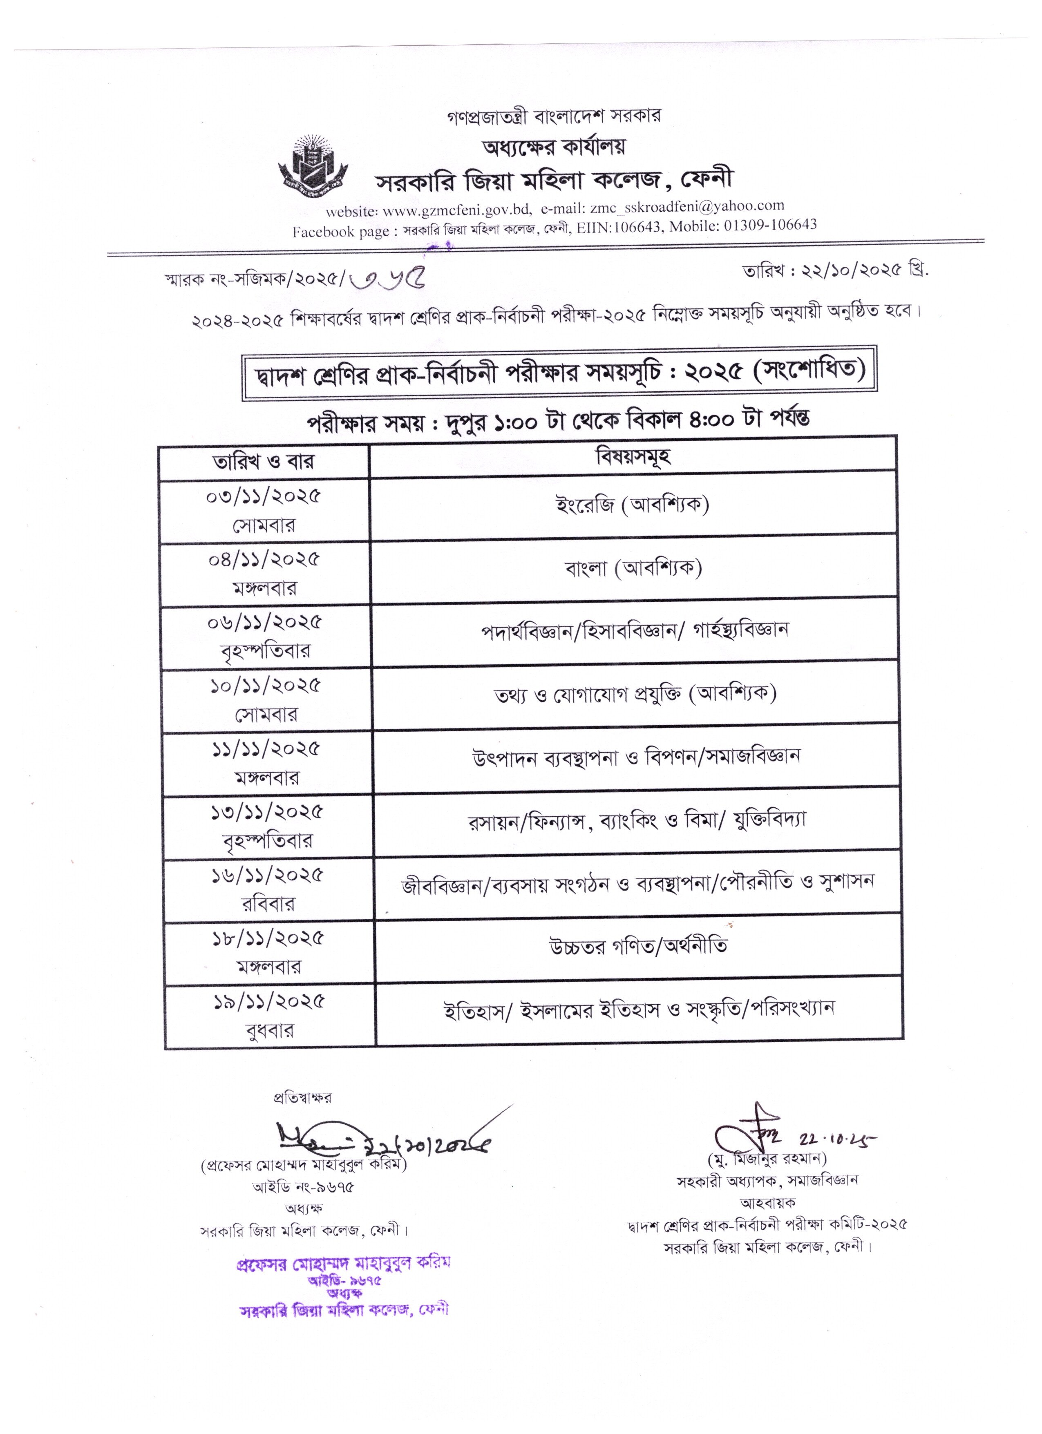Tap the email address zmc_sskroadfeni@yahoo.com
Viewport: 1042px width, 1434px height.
tap(687, 206)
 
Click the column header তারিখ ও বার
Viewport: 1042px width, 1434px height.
tap(264, 461)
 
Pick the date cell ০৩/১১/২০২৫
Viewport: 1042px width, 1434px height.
tap(264, 496)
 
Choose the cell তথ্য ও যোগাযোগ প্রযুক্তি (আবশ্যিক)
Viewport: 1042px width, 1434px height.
tap(635, 694)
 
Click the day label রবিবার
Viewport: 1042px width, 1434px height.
tap(268, 904)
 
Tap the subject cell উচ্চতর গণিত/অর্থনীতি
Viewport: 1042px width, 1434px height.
tap(638, 947)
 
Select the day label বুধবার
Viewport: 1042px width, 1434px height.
tap(269, 1031)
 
